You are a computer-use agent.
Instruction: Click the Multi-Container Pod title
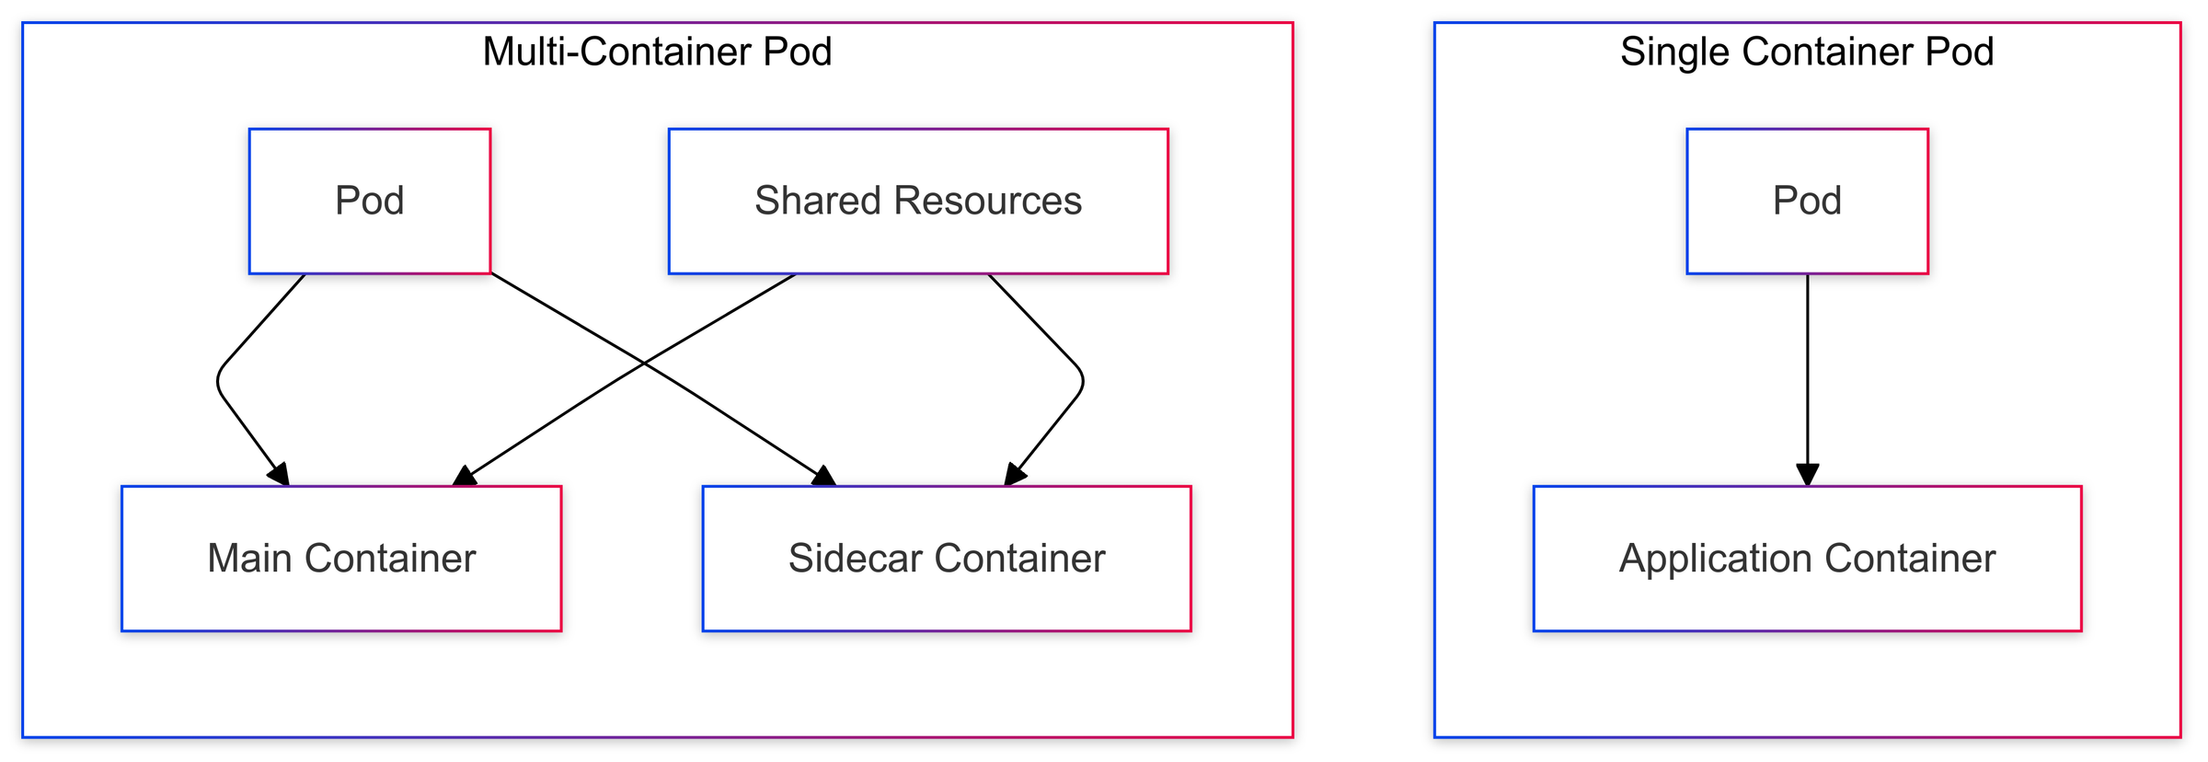tap(657, 52)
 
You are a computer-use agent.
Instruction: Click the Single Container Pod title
tap(1806, 52)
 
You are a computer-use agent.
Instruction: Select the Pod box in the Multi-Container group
tap(369, 201)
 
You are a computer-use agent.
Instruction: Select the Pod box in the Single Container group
tap(1806, 201)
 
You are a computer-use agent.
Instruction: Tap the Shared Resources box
tap(917, 201)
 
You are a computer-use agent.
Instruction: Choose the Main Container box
tap(341, 559)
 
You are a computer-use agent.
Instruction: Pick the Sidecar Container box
tap(946, 559)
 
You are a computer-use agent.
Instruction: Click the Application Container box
tap(1806, 559)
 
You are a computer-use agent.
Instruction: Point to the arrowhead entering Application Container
tap(1807, 475)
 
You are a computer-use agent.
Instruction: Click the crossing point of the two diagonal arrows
tap(645, 364)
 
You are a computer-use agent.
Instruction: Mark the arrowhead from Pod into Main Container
tap(280, 475)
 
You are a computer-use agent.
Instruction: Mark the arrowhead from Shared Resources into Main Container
tap(465, 476)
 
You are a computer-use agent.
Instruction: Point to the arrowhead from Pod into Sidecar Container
tap(824, 476)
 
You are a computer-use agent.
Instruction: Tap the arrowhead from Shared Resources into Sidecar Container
tap(1014, 475)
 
